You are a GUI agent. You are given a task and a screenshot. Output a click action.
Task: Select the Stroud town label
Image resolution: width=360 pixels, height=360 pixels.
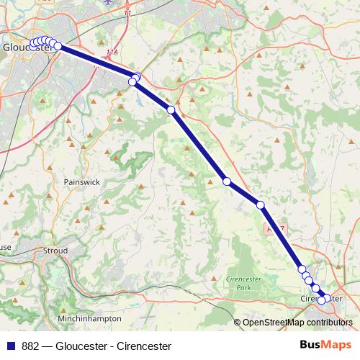(55, 251)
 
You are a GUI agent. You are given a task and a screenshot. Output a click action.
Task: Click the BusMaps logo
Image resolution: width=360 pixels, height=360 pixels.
(325, 344)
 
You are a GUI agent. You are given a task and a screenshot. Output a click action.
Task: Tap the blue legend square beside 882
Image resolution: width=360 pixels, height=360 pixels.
(11, 345)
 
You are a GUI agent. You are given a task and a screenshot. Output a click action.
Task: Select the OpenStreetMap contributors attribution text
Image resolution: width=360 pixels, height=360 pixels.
(297, 322)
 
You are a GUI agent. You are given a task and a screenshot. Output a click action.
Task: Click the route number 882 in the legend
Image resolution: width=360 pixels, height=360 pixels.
(31, 345)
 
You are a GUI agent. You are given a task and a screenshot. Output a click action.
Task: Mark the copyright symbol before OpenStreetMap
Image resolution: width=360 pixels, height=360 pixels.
(238, 322)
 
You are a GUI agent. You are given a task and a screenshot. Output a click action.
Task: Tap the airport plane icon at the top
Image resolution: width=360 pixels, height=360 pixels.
(108, 2)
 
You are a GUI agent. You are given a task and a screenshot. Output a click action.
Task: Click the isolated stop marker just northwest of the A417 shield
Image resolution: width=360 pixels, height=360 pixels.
(261, 205)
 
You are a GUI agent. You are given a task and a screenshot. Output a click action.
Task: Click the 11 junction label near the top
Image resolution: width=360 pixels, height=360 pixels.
(128, 14)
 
